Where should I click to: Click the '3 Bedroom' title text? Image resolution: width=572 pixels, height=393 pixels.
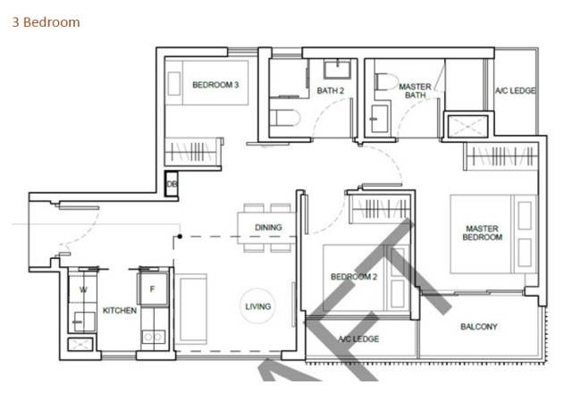46,22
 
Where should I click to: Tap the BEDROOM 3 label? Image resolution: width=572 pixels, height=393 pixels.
215,85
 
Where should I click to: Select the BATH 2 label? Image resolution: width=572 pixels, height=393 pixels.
330,90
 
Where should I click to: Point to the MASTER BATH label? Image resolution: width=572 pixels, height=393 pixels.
415,91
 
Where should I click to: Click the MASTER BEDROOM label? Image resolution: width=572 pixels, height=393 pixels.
483,233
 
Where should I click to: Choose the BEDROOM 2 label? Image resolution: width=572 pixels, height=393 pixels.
354,277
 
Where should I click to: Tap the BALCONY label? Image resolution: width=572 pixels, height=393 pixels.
479,327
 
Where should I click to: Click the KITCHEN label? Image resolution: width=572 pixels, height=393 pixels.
120,311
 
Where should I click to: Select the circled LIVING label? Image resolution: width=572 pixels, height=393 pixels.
258,306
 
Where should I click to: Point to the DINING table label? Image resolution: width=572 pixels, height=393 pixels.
268,228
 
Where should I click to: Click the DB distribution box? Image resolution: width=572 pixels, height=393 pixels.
171,184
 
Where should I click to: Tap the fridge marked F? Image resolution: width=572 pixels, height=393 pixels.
153,288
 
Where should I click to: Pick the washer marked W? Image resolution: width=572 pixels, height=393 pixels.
83,289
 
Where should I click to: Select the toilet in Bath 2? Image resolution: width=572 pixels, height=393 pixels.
285,118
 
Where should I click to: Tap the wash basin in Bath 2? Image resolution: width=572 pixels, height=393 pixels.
338,70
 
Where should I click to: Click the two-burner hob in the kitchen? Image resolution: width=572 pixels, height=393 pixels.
153,338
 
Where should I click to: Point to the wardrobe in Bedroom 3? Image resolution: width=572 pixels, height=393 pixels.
193,152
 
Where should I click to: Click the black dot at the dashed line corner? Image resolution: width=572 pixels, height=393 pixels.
180,237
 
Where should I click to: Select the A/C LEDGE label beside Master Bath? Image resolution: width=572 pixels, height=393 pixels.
515,90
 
